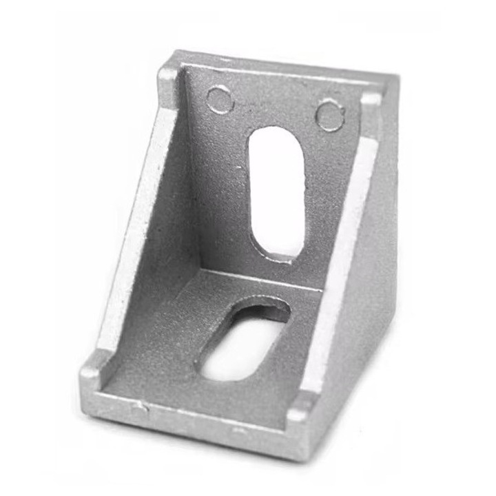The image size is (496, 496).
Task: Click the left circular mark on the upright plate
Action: click(220, 99)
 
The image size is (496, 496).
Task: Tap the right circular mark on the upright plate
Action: click(330, 114)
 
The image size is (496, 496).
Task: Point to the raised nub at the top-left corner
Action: click(169, 77)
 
